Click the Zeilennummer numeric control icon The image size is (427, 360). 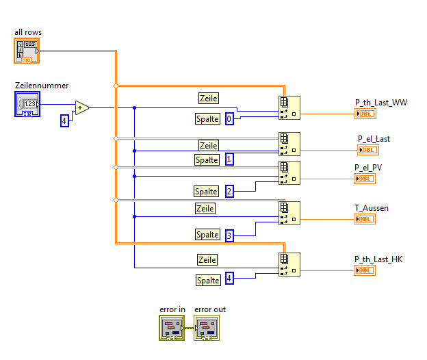27,104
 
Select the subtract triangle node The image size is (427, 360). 81,107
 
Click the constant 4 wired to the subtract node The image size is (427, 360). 65,120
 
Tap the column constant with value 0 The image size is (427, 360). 229,118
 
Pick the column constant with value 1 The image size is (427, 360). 229,159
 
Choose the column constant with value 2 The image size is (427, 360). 229,191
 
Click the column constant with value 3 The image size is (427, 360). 229,235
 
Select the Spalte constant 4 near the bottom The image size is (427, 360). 229,279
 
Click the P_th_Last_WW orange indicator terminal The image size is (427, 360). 365,114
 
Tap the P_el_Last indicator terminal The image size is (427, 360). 367,150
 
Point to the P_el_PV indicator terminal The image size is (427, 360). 365,179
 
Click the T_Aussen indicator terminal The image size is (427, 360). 365,219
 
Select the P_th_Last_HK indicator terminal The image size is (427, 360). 365,270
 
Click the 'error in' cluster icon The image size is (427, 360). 172,327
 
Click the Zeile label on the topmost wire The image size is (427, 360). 208,99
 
